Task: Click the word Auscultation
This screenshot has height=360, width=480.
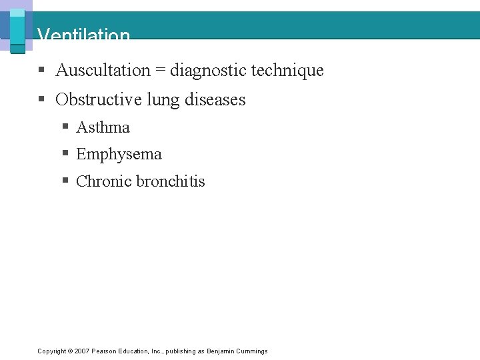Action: [x=103, y=70]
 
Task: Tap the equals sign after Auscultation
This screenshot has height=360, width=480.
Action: [x=161, y=71]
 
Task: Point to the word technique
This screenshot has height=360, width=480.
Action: [x=287, y=70]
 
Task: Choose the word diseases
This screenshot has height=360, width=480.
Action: [x=215, y=100]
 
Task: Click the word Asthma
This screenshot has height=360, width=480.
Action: [x=103, y=127]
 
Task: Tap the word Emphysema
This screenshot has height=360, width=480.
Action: [x=119, y=155]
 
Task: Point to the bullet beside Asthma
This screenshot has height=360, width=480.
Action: [x=65, y=127]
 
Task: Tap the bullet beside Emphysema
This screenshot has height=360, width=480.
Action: [x=65, y=154]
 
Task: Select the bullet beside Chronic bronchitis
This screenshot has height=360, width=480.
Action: [x=65, y=181]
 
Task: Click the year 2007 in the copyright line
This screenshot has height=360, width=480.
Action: [x=81, y=351]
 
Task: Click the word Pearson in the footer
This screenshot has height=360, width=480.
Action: [x=103, y=351]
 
